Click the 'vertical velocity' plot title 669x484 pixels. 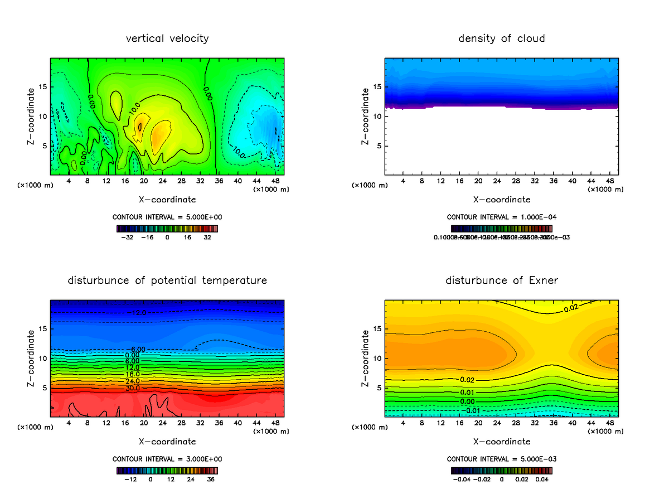point(167,38)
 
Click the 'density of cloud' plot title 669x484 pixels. point(502,38)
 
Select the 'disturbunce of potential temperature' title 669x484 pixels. point(167,280)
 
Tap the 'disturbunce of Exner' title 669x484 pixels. point(502,280)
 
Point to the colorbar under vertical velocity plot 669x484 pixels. point(167,228)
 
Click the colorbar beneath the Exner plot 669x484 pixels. point(502,470)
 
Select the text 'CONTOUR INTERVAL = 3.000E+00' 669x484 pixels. point(167,459)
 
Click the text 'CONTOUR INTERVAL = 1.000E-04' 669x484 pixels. point(502,217)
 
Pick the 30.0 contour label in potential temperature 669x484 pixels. point(132,388)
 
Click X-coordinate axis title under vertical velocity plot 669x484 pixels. point(167,199)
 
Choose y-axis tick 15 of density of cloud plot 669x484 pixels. point(377,87)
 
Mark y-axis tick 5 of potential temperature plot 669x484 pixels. point(43,387)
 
